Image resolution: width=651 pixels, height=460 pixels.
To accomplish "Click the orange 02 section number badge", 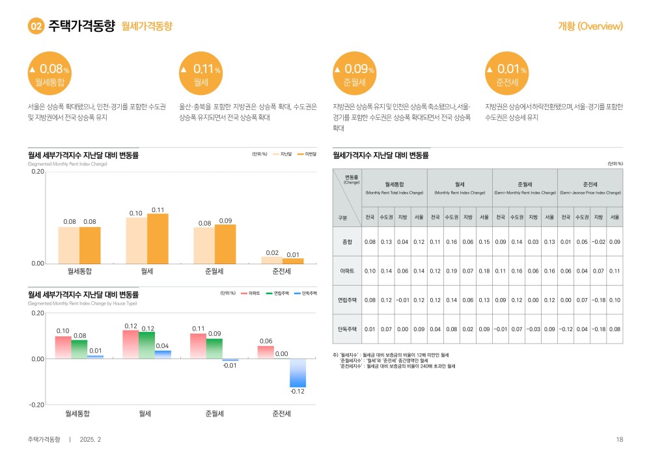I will click(36, 27).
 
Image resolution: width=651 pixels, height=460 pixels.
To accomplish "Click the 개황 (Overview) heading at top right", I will click(590, 27).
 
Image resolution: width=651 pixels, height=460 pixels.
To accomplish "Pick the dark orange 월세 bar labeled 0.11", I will click(158, 238).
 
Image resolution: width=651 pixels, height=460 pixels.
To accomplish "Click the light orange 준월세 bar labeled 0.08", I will click(204, 245).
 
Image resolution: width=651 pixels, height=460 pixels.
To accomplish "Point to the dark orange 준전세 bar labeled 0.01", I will click(293, 260).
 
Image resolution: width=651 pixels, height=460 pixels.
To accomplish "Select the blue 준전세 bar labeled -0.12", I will click(298, 373).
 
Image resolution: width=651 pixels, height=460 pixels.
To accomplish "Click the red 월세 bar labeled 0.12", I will click(131, 344).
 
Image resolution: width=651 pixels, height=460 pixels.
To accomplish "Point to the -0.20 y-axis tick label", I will click(36, 405).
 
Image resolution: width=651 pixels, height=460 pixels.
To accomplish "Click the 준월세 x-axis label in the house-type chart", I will click(214, 413).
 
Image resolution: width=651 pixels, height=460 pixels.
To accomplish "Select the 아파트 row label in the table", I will click(347, 271).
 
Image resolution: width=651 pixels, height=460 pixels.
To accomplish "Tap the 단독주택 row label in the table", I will click(347, 329).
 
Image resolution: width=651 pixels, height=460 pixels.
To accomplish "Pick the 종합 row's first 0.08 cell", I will click(370, 241).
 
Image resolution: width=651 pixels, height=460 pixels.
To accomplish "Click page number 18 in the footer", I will click(619, 440).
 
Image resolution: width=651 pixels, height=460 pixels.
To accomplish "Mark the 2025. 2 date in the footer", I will click(90, 440).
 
